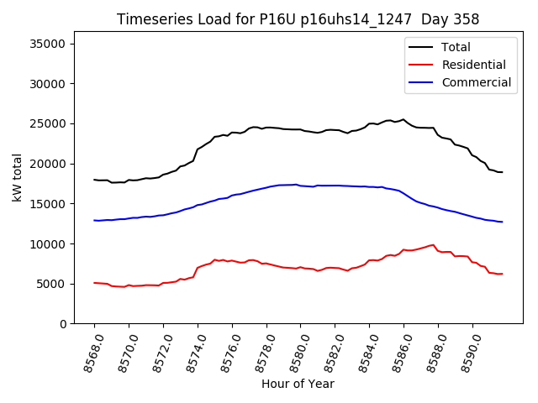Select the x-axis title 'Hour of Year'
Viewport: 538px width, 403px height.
(298, 384)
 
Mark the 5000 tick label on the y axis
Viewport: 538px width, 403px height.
(54, 284)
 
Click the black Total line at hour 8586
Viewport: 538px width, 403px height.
(403, 120)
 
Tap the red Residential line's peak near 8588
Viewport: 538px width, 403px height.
(433, 245)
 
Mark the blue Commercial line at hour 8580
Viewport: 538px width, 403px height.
(300, 186)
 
